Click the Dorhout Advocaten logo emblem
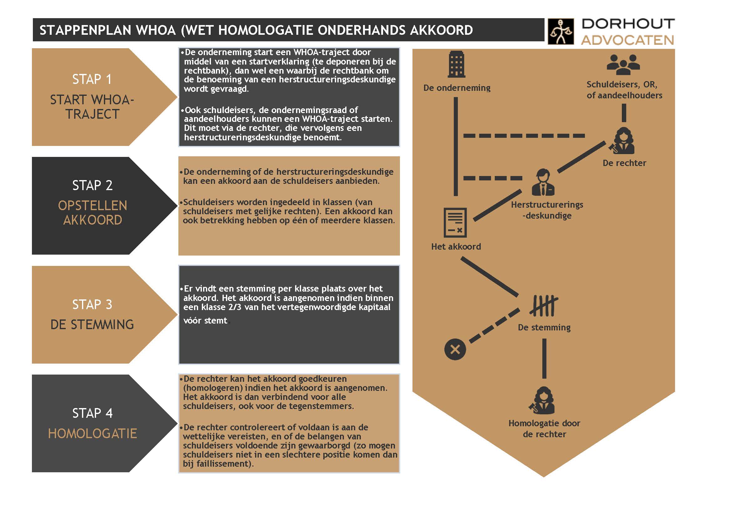[561, 32]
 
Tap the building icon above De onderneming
[456, 65]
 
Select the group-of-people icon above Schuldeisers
[623, 65]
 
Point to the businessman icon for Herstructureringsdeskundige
[543, 182]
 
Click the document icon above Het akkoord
[455, 222]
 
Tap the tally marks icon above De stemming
[544, 305]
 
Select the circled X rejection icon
[455, 349]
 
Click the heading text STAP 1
[92, 80]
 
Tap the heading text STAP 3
[92, 305]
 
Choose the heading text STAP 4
[92, 413]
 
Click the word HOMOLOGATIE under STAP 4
[92, 433]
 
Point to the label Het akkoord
[456, 246]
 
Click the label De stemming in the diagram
[544, 328]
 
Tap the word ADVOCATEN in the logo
[627, 40]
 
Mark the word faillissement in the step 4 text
[222, 464]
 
